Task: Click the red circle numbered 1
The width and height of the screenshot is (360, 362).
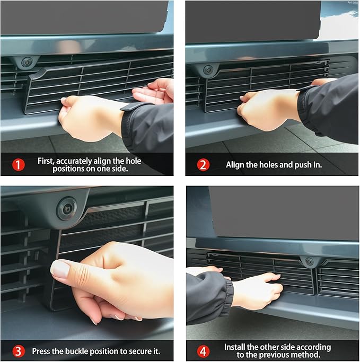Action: pos(18,165)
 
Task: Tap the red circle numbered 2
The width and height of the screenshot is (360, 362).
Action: pos(203,165)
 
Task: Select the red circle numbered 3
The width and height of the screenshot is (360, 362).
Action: pos(18,351)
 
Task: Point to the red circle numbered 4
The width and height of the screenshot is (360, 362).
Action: pos(203,351)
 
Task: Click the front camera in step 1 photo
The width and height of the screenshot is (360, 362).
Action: pos(25,62)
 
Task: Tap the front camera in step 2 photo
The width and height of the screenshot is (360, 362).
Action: pos(208,70)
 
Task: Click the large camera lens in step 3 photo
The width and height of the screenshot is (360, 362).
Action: pos(67,208)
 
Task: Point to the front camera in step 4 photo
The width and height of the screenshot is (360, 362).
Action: pos(309,262)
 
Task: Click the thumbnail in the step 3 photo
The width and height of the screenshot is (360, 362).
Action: pos(60,268)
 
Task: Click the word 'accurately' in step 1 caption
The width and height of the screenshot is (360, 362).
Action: pos(74,161)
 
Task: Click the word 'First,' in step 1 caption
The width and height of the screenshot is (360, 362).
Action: pos(46,161)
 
